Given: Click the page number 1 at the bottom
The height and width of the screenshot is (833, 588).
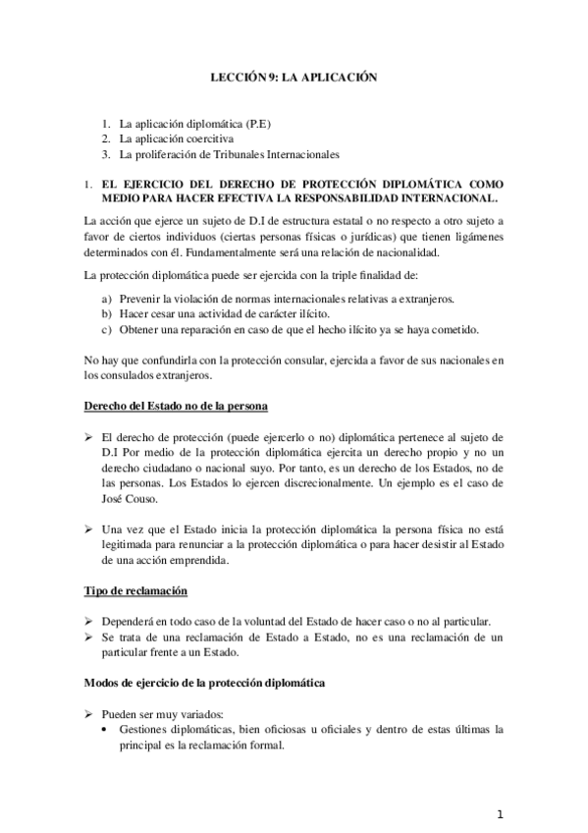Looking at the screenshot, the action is (500, 814).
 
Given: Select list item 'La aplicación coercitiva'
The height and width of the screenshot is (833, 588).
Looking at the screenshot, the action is (177, 139).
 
